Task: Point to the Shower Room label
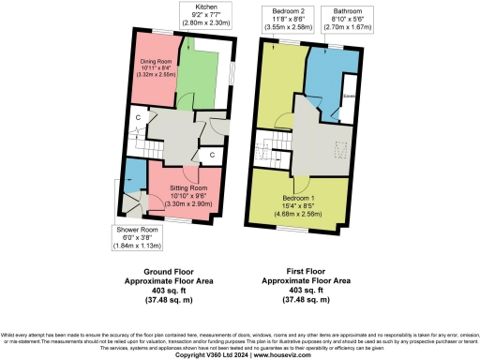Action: pos(136,229)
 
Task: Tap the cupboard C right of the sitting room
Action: pos(212,155)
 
